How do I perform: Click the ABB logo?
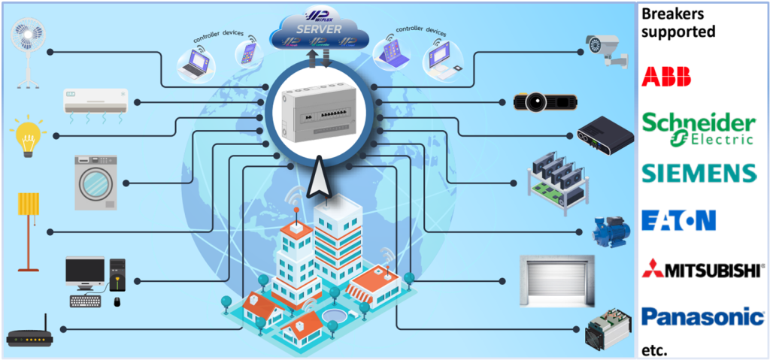666,76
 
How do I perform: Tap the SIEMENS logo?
699,174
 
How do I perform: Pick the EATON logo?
678,220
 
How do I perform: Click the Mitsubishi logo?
702,269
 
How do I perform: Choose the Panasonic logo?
702,316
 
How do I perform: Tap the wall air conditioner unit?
95,101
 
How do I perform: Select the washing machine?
95,182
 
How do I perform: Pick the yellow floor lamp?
29,229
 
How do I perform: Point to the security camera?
610,50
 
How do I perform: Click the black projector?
545,101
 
